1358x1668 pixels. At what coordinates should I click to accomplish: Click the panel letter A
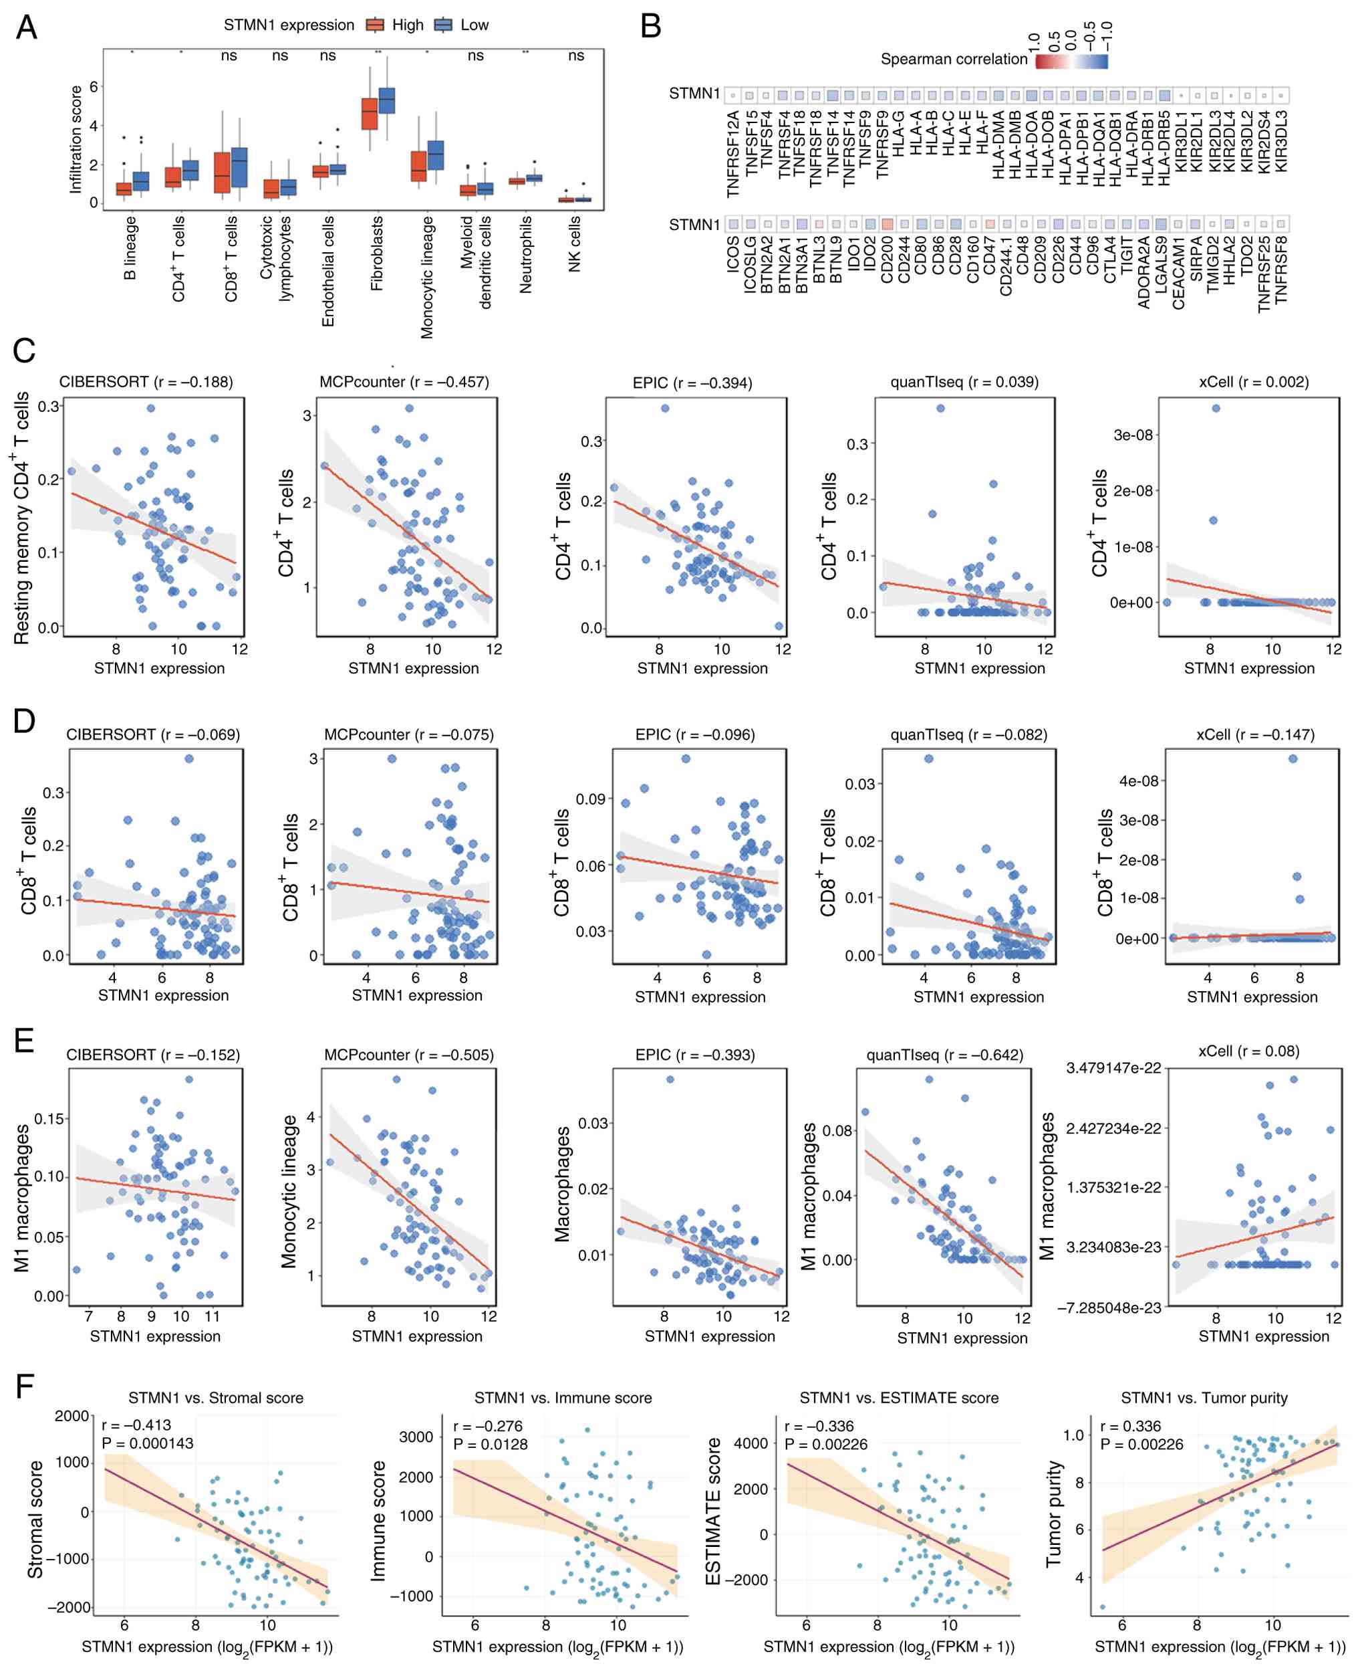point(26,27)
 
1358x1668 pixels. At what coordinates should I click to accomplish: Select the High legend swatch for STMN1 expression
point(376,25)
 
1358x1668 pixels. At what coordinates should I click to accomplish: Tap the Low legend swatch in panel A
point(444,25)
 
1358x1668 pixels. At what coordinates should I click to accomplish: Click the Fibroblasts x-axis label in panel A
point(377,253)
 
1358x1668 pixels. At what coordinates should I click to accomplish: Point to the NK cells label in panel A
point(575,243)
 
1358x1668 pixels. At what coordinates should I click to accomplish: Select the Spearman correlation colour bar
point(1071,60)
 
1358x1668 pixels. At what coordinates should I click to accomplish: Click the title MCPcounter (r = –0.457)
point(404,382)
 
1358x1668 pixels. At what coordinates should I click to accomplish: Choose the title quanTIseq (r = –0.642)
point(944,1054)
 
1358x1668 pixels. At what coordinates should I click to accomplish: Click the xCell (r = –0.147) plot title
point(1254,734)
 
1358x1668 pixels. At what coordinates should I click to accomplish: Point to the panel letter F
point(25,1386)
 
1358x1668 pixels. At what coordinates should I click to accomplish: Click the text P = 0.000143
point(147,1443)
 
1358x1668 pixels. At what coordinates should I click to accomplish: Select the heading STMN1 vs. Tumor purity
point(1204,1397)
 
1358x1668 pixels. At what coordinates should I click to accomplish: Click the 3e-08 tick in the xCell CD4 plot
point(1133,435)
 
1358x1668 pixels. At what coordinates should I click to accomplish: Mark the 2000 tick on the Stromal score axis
point(72,1415)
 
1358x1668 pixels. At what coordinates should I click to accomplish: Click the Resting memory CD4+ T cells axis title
point(21,518)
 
